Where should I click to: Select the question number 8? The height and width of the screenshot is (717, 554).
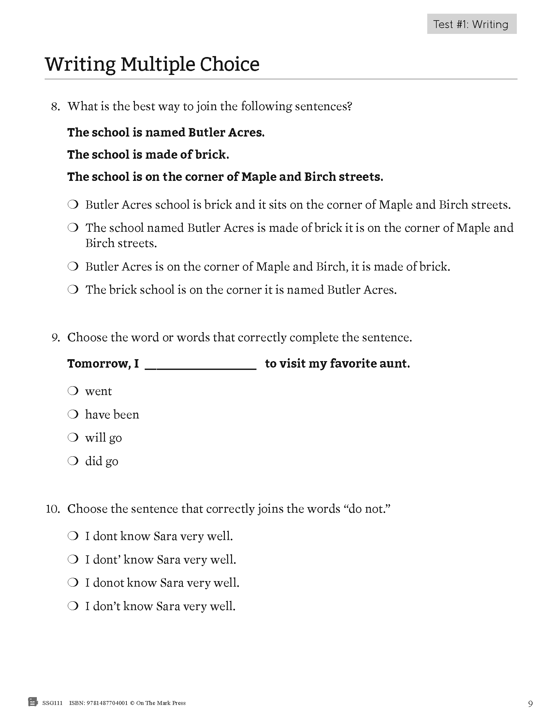(x=55, y=107)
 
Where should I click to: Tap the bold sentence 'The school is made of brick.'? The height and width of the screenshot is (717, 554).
(x=148, y=154)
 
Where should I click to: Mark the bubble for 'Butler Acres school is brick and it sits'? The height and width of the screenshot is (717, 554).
(x=73, y=205)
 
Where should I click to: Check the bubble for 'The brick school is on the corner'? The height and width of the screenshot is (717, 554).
(x=73, y=289)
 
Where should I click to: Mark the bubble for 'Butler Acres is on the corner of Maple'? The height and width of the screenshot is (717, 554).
(x=73, y=266)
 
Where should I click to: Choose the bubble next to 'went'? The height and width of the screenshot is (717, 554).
(x=73, y=391)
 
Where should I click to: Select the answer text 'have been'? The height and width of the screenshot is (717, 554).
(x=112, y=415)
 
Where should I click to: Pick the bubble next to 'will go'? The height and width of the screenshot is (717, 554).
(x=73, y=438)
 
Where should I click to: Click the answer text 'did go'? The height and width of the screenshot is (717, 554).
(x=101, y=461)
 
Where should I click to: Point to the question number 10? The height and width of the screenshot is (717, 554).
(x=53, y=509)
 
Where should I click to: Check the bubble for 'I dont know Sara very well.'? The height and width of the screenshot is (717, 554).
(x=73, y=536)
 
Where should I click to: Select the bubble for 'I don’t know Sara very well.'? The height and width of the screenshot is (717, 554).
(x=73, y=606)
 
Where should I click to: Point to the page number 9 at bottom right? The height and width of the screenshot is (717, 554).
(x=530, y=704)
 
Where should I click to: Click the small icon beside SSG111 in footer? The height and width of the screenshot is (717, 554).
(x=33, y=702)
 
